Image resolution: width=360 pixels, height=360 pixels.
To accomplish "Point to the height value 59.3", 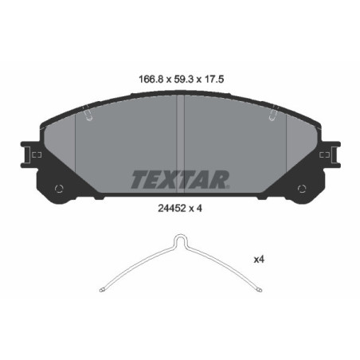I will (178, 79).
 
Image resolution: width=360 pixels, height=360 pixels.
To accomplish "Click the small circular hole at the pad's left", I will (58, 189).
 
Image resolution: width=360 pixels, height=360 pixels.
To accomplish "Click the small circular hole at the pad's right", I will (301, 189).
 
